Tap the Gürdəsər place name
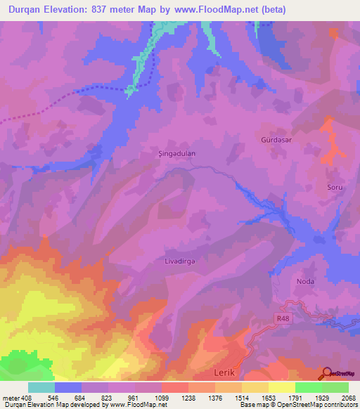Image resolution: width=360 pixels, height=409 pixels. (271, 140)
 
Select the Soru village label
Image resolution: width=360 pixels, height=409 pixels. (335, 187)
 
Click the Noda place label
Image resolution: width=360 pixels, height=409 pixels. (305, 281)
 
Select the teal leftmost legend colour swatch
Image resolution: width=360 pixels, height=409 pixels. (41, 387)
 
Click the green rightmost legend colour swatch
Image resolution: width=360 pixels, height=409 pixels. (335, 387)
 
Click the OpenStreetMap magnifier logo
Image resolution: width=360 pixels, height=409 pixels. (326, 373)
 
